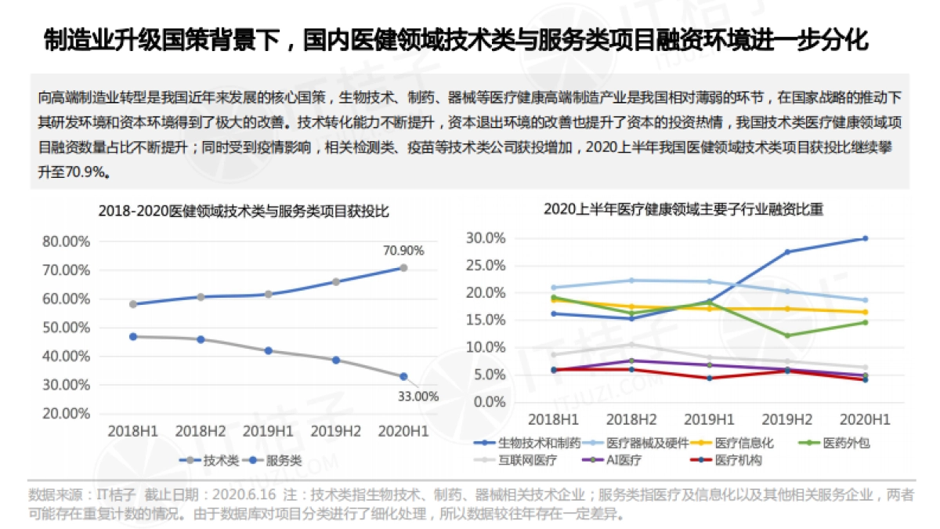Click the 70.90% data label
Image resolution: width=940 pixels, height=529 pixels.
pos(403,251)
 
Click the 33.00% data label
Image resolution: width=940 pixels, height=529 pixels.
pos(418,397)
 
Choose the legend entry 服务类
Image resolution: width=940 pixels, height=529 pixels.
pos(284,461)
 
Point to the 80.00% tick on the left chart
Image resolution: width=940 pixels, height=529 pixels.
pos(67,241)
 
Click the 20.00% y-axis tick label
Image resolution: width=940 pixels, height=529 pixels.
pos(67,414)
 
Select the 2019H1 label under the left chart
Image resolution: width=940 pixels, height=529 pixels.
pos(268,431)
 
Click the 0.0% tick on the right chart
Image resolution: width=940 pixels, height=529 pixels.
pos(490,402)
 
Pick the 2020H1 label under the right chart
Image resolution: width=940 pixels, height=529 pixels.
pos(866,419)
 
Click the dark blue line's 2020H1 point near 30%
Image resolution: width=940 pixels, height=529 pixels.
pos(866,238)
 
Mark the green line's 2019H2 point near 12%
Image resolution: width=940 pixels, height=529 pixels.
pos(787,335)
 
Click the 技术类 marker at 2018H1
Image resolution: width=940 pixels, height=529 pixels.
pos(133,304)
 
